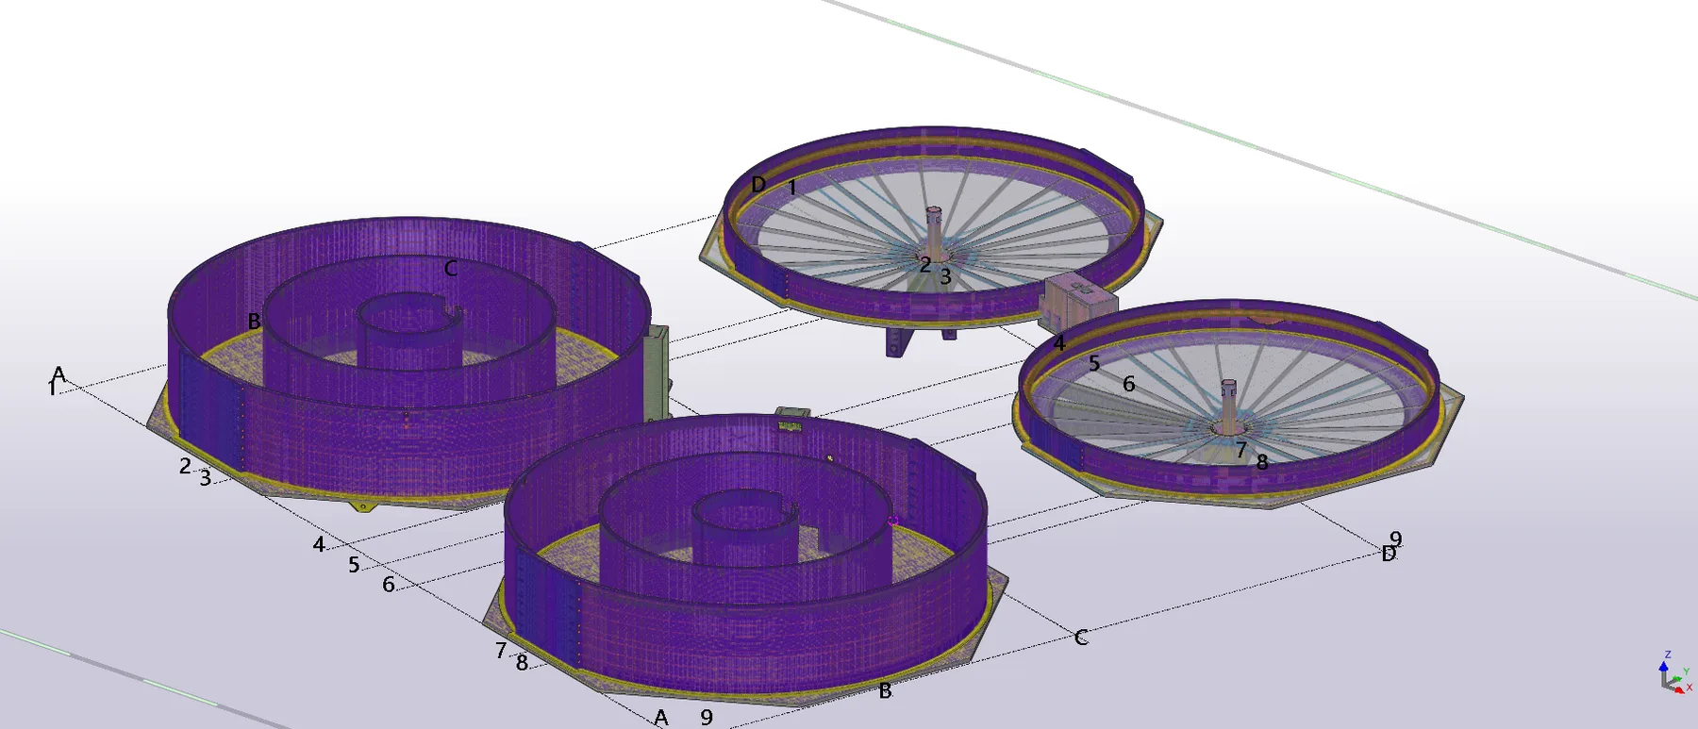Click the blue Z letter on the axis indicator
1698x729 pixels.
click(x=1668, y=654)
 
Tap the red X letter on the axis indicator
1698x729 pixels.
click(x=1690, y=688)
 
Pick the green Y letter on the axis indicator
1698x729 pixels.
click(x=1686, y=672)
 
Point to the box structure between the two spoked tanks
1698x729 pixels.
click(x=1077, y=301)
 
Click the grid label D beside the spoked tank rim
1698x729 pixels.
click(x=758, y=185)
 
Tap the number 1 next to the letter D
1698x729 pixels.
click(x=792, y=188)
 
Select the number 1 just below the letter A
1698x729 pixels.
click(x=52, y=389)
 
